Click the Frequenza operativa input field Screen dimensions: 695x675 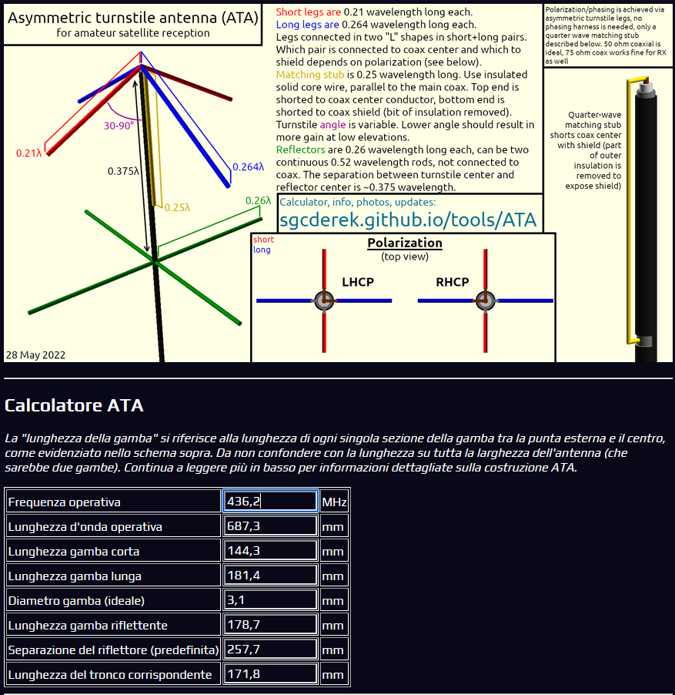[x=270, y=502]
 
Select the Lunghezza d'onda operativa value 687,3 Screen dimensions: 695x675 [x=270, y=526]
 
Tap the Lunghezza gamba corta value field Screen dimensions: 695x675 [x=270, y=551]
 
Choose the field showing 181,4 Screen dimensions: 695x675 [x=270, y=576]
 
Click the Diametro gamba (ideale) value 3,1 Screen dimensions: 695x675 [x=270, y=600]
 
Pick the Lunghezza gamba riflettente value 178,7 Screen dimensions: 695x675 [x=270, y=625]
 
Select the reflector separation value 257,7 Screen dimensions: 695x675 [x=270, y=650]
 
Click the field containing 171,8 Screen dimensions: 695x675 [x=270, y=674]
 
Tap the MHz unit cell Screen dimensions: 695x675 [x=334, y=502]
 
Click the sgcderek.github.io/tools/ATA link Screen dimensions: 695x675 [x=407, y=220]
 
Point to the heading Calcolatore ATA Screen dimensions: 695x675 [x=74, y=405]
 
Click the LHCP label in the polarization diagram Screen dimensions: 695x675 [x=358, y=282]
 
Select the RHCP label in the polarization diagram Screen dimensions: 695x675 [x=453, y=282]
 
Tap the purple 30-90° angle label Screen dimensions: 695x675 [x=119, y=125]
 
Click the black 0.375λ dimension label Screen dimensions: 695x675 [x=123, y=170]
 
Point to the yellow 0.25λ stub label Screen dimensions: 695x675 [x=177, y=207]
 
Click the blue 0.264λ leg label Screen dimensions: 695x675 [x=248, y=166]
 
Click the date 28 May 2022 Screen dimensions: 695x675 [x=35, y=355]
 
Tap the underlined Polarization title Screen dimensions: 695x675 [x=404, y=243]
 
